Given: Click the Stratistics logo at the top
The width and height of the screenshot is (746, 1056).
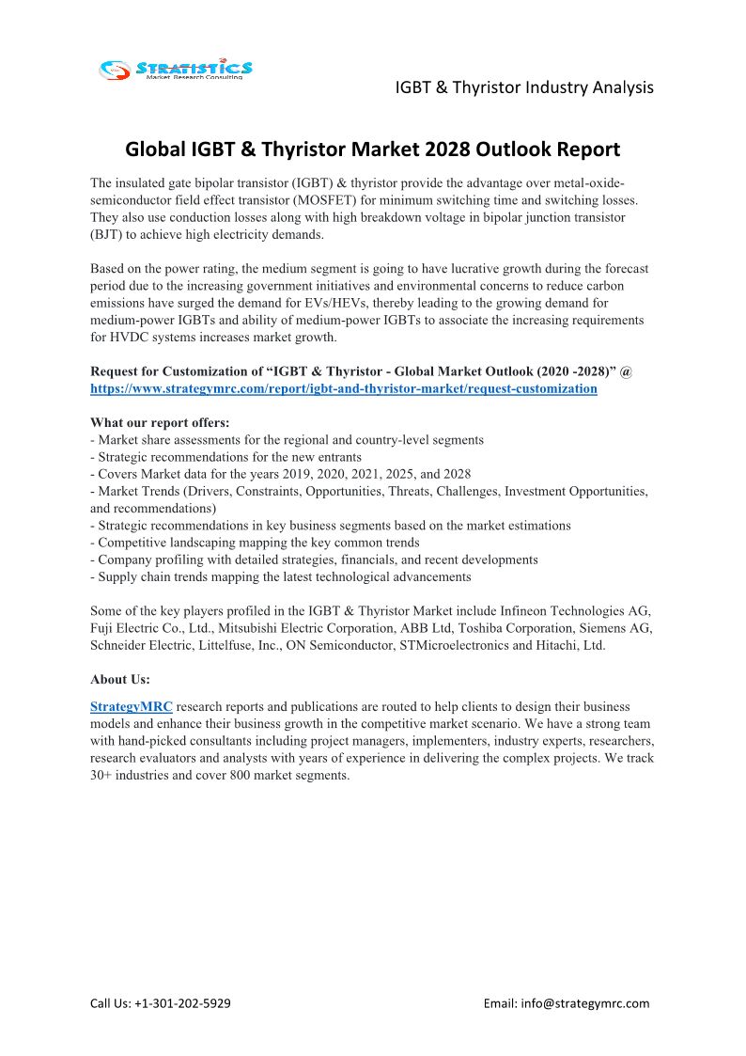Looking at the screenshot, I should point(176,69).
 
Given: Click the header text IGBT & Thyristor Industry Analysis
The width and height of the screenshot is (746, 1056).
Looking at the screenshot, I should point(523,87).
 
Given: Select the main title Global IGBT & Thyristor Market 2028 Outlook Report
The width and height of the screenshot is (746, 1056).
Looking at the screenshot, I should point(373,149).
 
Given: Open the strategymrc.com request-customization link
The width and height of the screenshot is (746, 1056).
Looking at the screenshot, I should point(344,388).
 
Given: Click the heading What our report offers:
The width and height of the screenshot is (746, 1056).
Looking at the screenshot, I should point(160,423).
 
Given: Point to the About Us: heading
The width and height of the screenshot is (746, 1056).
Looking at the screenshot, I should point(120,679).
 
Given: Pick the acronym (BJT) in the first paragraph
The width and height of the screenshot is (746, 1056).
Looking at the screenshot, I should point(109,235).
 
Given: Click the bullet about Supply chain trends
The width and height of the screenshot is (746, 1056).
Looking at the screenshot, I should point(281,576).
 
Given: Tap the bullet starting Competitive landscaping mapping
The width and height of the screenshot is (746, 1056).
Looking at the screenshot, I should point(255,543).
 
